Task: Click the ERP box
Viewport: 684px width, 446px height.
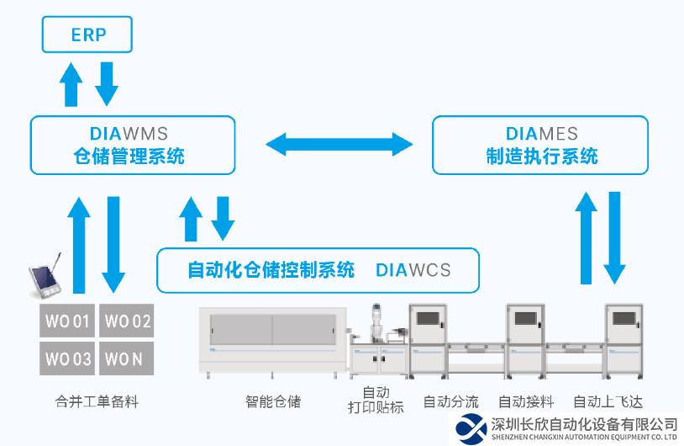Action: [x=87, y=36]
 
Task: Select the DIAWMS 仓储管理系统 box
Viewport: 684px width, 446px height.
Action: [x=133, y=145]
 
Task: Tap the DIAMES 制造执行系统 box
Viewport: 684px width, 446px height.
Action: [x=539, y=145]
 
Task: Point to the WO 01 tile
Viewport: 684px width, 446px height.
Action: [x=67, y=321]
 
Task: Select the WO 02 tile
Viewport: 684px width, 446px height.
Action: [x=127, y=321]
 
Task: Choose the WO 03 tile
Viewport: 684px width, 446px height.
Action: [x=67, y=359]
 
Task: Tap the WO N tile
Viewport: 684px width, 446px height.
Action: [x=127, y=359]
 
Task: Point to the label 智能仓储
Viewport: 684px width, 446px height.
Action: [x=272, y=401]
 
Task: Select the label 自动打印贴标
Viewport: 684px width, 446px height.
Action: [x=376, y=401]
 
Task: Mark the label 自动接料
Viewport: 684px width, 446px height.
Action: [x=526, y=401]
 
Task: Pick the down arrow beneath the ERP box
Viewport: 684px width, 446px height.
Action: [x=107, y=82]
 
